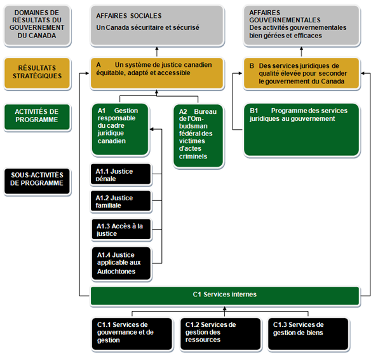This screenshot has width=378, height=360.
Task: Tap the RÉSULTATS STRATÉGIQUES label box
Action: pyautogui.click(x=37, y=72)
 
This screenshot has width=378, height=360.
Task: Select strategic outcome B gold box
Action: pyautogui.click(x=302, y=73)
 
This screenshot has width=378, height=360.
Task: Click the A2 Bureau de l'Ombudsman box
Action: pyautogui.click(x=198, y=134)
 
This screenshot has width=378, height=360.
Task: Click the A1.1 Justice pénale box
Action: pyautogui.click(x=121, y=174)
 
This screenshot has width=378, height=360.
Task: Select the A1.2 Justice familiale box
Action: pyautogui.click(x=121, y=201)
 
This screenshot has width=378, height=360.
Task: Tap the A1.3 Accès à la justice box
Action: pyautogui.click(x=121, y=229)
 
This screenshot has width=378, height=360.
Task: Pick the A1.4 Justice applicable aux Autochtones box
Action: pyautogui.click(x=121, y=263)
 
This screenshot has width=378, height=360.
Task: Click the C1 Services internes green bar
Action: pyautogui.click(x=225, y=294)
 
